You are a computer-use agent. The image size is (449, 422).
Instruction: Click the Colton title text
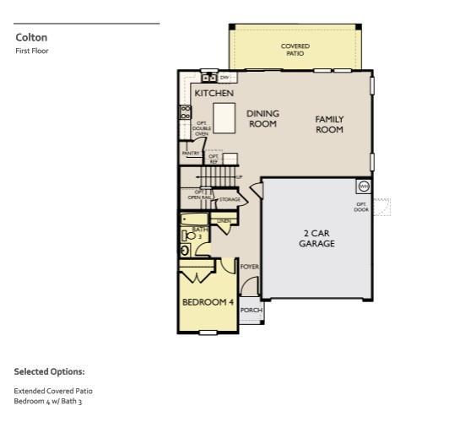31,37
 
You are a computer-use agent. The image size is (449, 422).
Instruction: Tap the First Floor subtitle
32,51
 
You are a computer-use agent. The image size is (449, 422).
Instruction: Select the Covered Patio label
295,49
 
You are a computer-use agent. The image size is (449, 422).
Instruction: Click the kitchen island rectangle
223,116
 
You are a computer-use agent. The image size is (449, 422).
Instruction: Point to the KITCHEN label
214,93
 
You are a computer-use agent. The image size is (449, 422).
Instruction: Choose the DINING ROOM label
262,118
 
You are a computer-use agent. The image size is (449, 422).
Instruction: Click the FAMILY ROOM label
329,124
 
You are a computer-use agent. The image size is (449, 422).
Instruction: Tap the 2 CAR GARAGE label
316,238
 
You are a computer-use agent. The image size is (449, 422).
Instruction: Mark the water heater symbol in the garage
364,186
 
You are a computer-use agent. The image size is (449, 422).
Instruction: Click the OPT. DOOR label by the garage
361,207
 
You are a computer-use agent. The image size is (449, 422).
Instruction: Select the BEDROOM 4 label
208,301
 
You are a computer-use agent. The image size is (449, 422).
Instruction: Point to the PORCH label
252,310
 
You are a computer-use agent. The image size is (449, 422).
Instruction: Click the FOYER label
249,267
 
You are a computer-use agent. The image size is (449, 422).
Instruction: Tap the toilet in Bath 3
186,249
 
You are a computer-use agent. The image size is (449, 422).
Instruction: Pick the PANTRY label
191,154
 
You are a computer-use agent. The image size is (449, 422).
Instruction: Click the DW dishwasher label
224,77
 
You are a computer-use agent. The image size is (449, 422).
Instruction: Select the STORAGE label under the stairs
230,199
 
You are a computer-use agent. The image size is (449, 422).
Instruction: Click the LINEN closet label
224,221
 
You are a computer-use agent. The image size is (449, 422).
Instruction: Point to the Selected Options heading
49,371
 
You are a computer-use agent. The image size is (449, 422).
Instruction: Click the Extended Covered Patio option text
53,391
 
